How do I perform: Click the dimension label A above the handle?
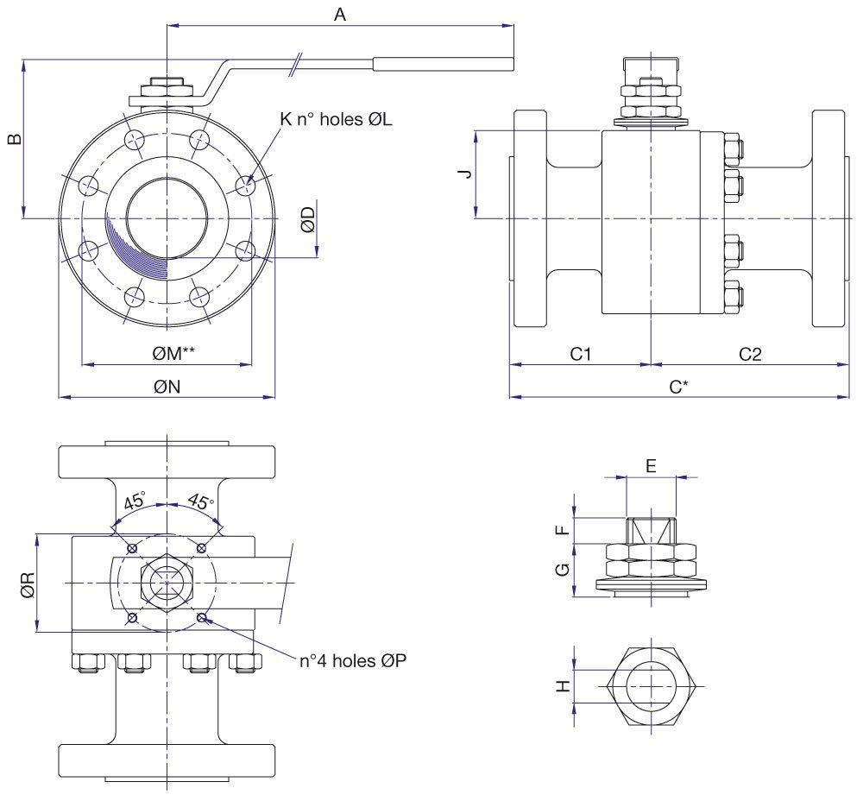click(x=340, y=14)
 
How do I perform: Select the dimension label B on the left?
click(x=14, y=139)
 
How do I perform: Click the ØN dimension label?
click(x=167, y=387)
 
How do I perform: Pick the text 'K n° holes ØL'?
click(x=336, y=120)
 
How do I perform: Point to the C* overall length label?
click(x=680, y=387)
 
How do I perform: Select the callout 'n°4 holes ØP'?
click(x=352, y=661)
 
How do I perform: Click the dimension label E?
click(x=652, y=466)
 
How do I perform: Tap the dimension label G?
click(x=563, y=569)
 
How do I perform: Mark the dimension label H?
click(x=563, y=686)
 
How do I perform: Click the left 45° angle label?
click(x=134, y=501)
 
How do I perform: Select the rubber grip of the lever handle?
click(x=443, y=63)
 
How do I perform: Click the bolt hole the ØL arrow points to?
click(x=245, y=185)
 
